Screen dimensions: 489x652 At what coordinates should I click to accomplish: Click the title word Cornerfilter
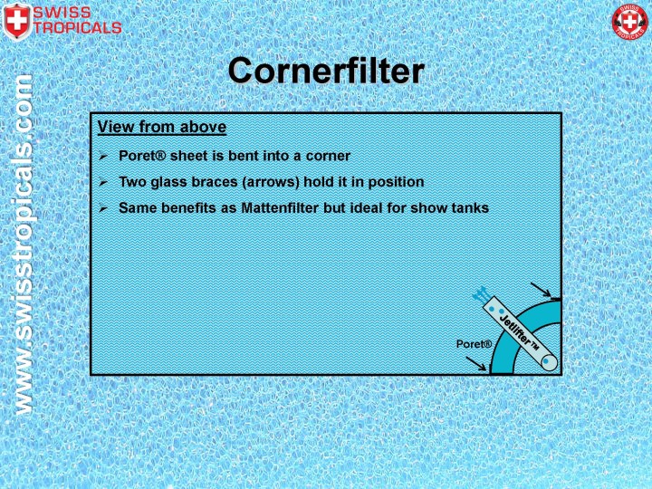(325, 71)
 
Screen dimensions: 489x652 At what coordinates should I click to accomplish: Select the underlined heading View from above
(162, 127)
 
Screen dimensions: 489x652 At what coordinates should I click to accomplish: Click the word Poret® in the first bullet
(140, 155)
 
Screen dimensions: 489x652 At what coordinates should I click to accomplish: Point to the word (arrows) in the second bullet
(281, 181)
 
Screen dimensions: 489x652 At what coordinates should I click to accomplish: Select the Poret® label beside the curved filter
(474, 344)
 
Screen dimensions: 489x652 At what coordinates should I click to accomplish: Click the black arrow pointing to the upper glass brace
(542, 291)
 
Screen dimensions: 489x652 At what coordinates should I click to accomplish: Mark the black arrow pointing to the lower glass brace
(475, 363)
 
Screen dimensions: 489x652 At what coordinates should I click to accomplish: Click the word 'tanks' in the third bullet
(470, 207)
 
